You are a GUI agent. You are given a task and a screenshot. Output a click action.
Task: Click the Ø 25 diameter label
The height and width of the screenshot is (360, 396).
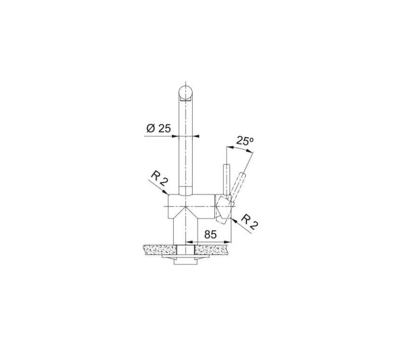(158, 129)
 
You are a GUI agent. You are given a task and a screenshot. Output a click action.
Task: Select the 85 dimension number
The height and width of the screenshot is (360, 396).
(210, 235)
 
